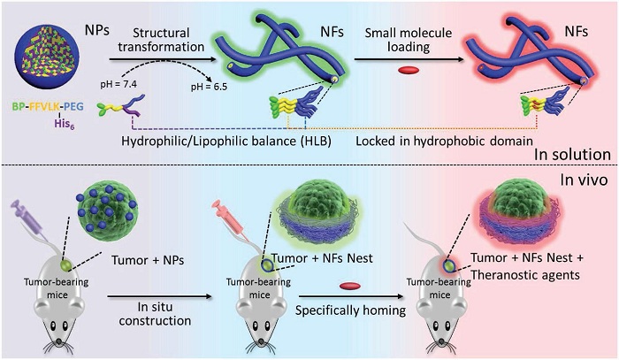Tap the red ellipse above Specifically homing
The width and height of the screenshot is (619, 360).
[x=351, y=286]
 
